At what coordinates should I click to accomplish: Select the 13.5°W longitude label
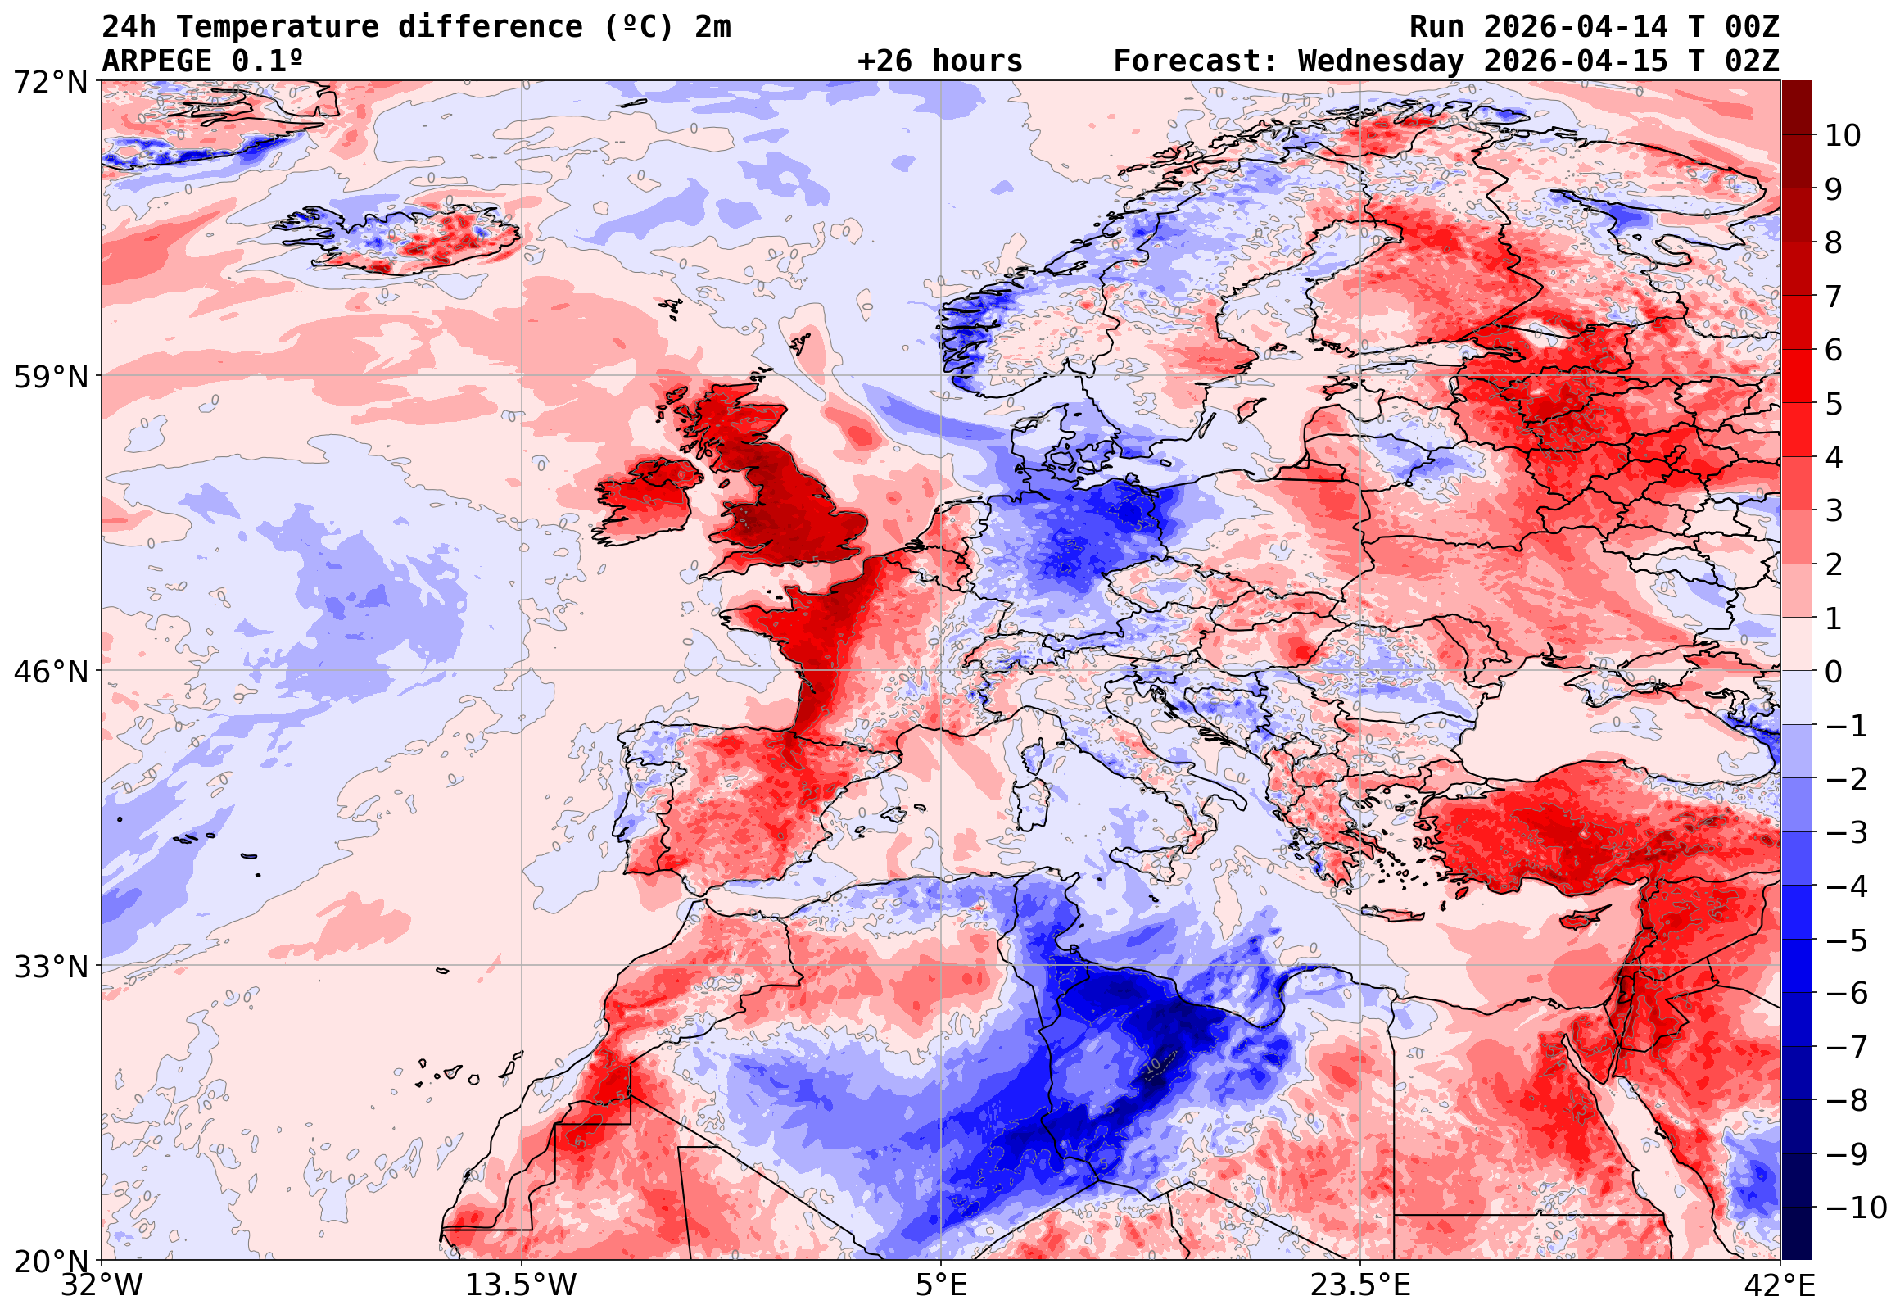point(522,1285)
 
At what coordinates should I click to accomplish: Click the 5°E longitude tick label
point(941,1285)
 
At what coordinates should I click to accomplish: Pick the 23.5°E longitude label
point(1359,1285)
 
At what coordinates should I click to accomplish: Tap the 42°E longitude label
point(1779,1285)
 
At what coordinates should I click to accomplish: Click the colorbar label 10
point(1843,136)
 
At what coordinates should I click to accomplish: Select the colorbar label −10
point(1856,1208)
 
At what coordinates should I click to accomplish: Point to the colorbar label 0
point(1834,672)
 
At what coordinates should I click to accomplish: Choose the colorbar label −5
point(1847,940)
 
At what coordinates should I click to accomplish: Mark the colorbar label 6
point(1834,350)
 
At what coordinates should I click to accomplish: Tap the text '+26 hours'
point(939,61)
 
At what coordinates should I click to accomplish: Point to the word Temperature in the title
point(277,26)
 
